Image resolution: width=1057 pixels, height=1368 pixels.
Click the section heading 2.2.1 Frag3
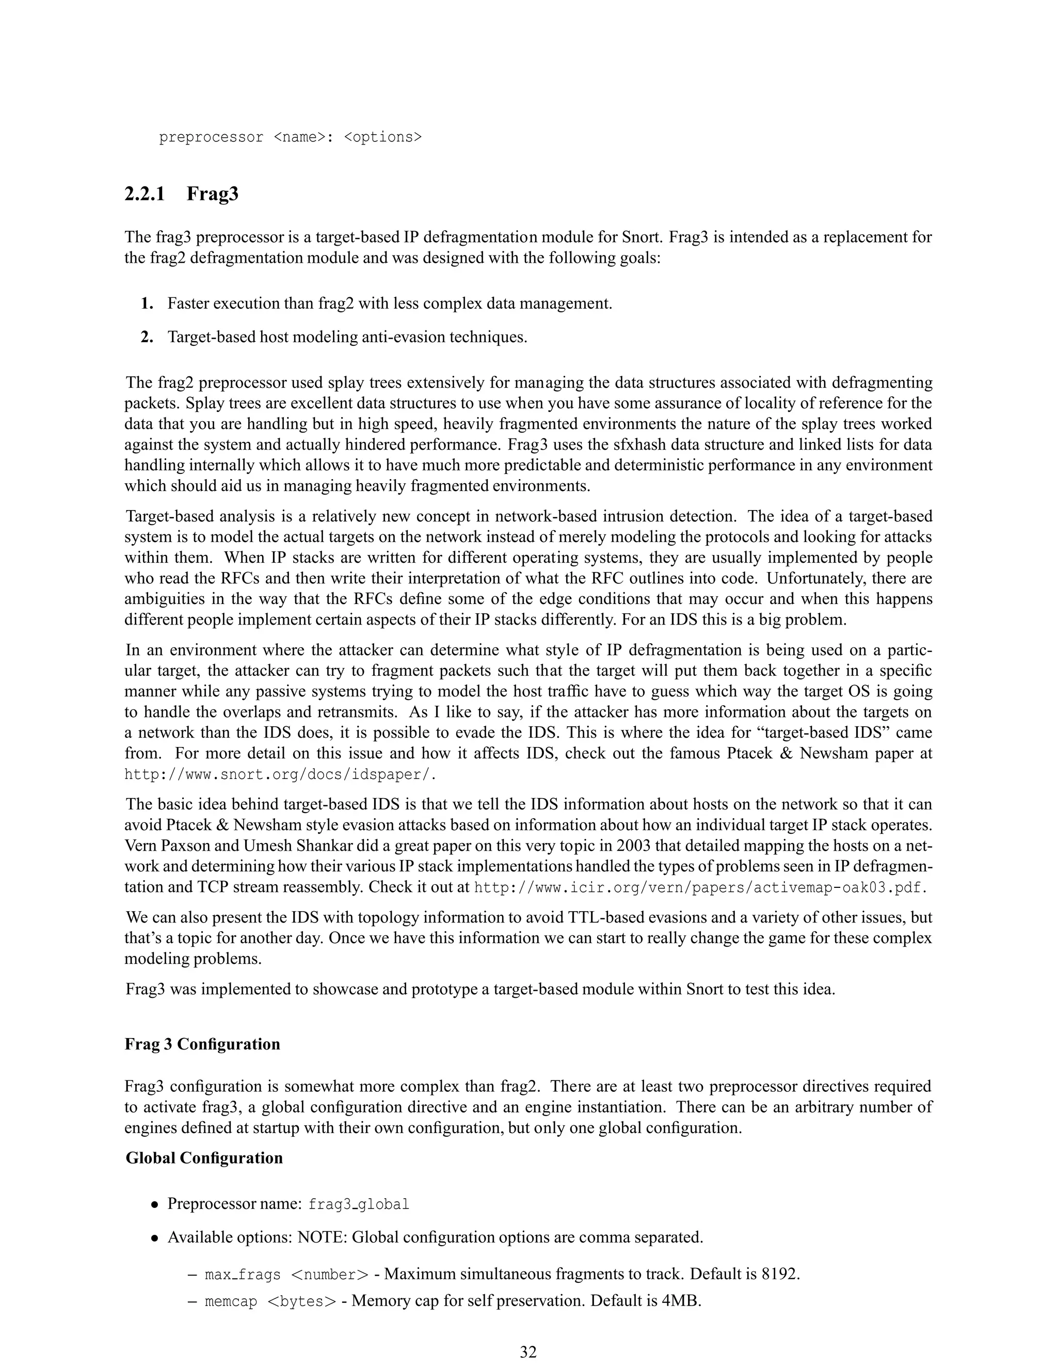[x=181, y=194]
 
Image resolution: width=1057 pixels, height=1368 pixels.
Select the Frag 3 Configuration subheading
[x=202, y=1044]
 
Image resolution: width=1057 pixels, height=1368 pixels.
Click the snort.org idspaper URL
[x=280, y=774]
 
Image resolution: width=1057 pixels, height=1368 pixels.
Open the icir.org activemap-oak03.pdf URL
[x=700, y=887]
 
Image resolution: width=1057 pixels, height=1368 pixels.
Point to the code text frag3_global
[x=359, y=1204]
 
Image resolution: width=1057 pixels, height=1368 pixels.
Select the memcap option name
[x=231, y=1301]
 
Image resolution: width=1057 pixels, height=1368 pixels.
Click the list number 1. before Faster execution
[x=147, y=304]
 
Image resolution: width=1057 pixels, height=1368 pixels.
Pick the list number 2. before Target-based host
[x=147, y=337]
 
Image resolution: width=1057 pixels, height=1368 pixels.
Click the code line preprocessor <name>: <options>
[x=291, y=137]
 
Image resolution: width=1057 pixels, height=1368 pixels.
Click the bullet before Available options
[x=153, y=1238]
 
